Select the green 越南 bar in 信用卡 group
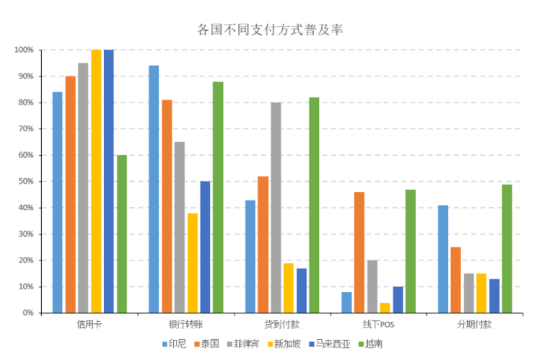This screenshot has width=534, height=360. tap(121, 234)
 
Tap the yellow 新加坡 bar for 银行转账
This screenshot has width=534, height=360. tap(192, 263)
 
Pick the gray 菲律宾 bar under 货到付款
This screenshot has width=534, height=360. tap(276, 208)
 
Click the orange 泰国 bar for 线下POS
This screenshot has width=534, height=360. tap(359, 253)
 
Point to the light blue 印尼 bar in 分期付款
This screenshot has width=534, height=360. tap(442, 259)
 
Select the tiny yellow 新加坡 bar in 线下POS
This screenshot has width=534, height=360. tap(385, 308)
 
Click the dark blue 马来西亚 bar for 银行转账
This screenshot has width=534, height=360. tap(205, 247)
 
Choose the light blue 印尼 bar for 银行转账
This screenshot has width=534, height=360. tap(154, 189)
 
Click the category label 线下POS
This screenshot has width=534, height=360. tap(378, 325)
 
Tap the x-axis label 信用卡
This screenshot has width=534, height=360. tap(89, 325)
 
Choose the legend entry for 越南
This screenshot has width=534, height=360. tap(373, 343)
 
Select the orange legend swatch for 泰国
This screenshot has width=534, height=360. tap(196, 344)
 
